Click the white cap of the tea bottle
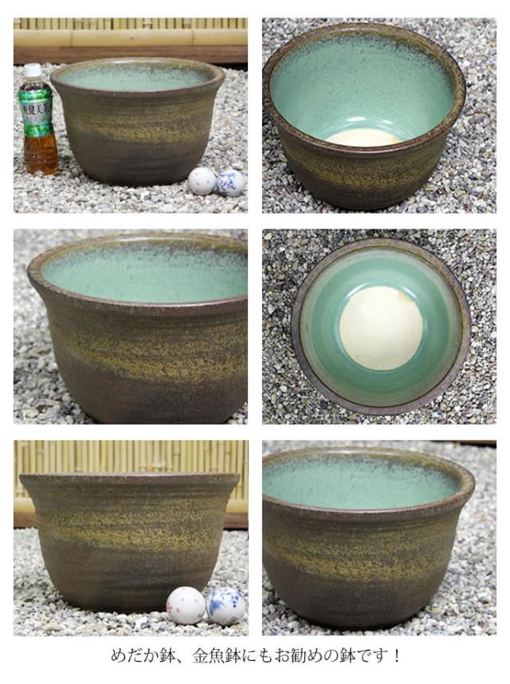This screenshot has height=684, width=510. click(x=32, y=71)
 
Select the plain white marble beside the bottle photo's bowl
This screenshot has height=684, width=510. click(x=201, y=181)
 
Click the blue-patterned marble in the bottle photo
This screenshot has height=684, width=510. click(x=230, y=182)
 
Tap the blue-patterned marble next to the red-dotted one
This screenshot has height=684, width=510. click(x=226, y=605)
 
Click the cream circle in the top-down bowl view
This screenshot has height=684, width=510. click(x=381, y=327)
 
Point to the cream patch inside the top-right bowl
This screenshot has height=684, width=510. click(x=363, y=138)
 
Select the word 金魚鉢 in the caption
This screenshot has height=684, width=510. click(x=211, y=658)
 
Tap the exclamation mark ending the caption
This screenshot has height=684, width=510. click(x=396, y=658)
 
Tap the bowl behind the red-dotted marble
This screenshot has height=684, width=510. click(x=127, y=534)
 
